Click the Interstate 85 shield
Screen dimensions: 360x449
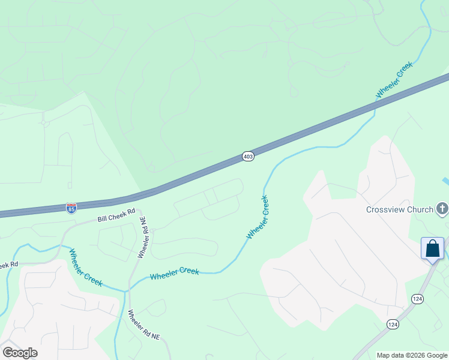pos(71,208)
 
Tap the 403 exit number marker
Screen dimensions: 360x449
pos(249,156)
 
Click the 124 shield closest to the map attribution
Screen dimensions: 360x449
pos(393,324)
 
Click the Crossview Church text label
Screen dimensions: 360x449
pos(400,209)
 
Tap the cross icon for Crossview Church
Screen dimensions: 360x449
pos(442,209)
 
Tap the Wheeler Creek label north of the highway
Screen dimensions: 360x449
pos(394,80)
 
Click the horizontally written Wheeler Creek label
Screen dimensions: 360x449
pos(174,274)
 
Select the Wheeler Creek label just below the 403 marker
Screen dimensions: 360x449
pos(258,217)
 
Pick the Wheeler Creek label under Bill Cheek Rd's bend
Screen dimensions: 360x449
pos(85,267)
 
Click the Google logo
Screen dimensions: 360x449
pos(20,352)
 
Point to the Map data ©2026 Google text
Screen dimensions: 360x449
pos(412,355)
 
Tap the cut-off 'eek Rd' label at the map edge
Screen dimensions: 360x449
pos(9,265)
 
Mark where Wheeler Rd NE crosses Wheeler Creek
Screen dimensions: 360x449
pos(127,290)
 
